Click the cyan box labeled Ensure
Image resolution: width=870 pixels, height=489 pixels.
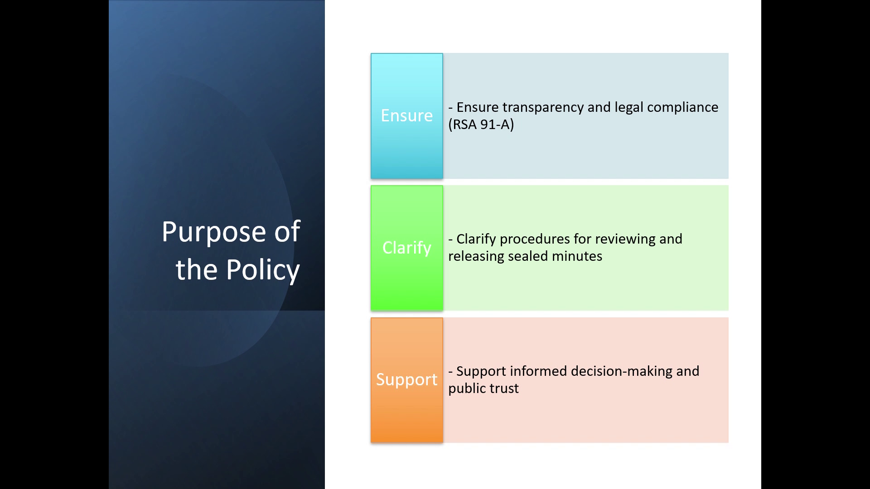(x=407, y=116)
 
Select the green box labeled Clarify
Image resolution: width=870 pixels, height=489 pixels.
(x=407, y=248)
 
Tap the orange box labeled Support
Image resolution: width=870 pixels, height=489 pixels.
(x=407, y=380)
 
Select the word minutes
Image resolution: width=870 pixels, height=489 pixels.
(x=577, y=256)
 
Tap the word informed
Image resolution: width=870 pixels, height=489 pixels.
(x=538, y=371)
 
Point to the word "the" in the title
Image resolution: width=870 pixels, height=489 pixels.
(x=198, y=270)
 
